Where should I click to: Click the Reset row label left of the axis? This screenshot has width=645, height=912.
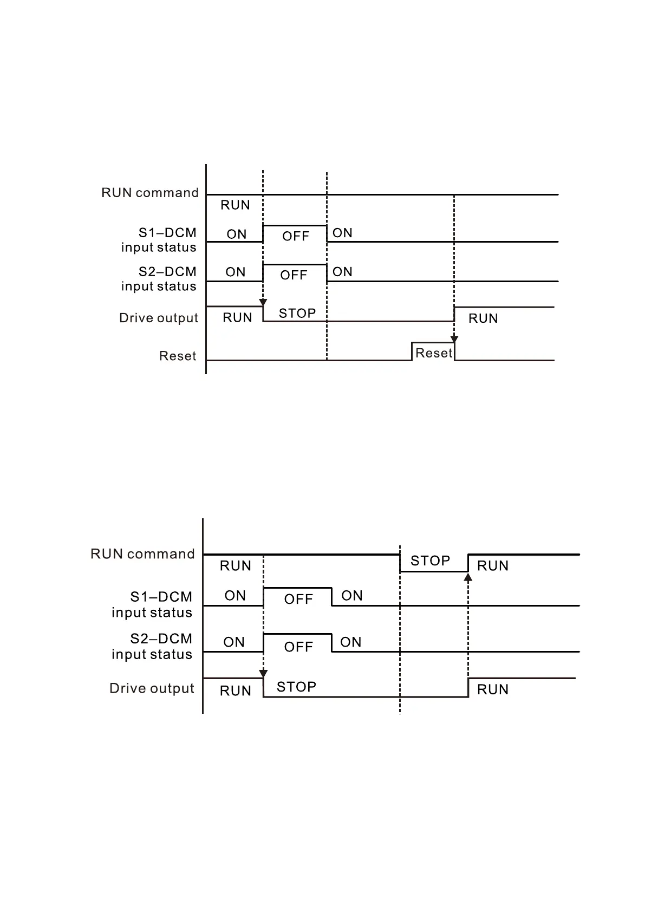click(x=178, y=356)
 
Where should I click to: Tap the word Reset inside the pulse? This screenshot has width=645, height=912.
click(x=433, y=353)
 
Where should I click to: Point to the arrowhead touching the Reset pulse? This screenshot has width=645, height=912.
click(x=454, y=340)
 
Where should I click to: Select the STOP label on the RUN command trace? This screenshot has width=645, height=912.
click(x=430, y=561)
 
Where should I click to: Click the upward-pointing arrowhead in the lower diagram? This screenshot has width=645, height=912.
click(x=468, y=577)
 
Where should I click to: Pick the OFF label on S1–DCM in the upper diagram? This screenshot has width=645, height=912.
click(x=296, y=237)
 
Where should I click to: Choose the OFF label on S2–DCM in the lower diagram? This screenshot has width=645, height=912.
click(x=298, y=647)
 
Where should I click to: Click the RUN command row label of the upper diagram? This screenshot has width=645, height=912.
click(x=150, y=193)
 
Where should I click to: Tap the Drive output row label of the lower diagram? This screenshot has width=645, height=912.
click(x=152, y=688)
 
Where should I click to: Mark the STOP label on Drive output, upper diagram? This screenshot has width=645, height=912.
click(x=297, y=314)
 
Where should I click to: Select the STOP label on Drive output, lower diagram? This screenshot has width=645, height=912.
click(x=296, y=687)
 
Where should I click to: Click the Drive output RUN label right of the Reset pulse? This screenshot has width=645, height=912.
click(x=483, y=318)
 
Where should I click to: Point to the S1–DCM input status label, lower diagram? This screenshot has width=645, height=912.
click(x=152, y=604)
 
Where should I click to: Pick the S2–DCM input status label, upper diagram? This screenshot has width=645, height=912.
click(x=159, y=279)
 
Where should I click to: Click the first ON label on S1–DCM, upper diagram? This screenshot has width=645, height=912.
click(x=237, y=234)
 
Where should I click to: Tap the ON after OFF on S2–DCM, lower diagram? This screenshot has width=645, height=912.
click(x=350, y=642)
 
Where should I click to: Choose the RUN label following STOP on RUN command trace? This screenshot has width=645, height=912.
click(x=493, y=566)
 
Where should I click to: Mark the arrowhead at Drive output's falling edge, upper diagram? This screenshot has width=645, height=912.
click(x=263, y=302)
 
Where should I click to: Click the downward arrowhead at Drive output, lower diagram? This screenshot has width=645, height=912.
click(x=264, y=674)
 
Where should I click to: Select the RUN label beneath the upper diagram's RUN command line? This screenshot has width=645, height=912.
click(x=235, y=205)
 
